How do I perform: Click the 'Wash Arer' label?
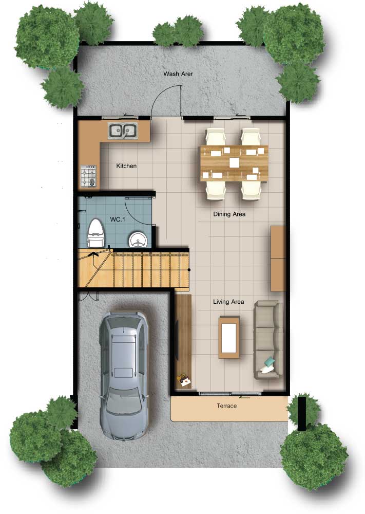pos(178,74)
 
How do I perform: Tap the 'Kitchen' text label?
pos(126,166)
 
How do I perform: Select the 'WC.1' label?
pos(117,219)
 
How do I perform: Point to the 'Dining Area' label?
pos(229,214)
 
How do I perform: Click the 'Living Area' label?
pos(228,302)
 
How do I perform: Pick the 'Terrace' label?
pos(226,406)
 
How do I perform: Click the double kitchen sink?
pos(123,131)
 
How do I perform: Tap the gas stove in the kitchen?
pos(89,176)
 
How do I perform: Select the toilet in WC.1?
pos(95,233)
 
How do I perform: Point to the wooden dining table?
pos(234,163)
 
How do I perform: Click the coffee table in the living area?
pos(229,337)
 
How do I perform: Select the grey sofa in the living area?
pos(267,340)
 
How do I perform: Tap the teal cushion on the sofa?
pos(270,362)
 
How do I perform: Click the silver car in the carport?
pos(124,375)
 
